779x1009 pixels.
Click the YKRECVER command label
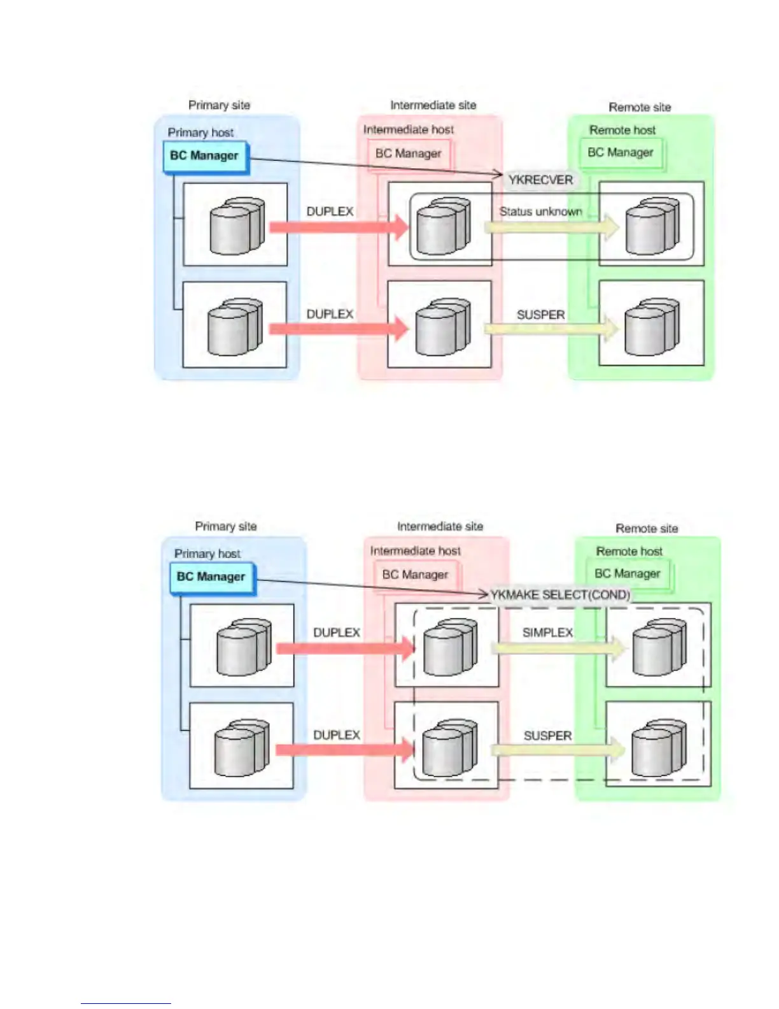[x=540, y=180]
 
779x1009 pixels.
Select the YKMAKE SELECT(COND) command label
[x=560, y=595]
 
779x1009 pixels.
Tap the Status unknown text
[x=540, y=211]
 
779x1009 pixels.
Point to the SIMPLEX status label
[x=547, y=633]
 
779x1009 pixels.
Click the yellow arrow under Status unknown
[x=551, y=227]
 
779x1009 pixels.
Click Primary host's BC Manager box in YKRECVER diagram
[x=204, y=156]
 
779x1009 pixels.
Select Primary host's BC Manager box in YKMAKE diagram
[x=211, y=577]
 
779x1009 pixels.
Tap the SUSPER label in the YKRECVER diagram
[x=540, y=315]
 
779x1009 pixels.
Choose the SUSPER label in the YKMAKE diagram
[x=547, y=736]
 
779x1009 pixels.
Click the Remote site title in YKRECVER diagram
[x=640, y=107]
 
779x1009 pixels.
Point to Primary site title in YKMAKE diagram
[x=226, y=526]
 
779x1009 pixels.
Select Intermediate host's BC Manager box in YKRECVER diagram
[x=409, y=154]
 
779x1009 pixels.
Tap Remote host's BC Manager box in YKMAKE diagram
[x=628, y=574]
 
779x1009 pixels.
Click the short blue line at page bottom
[x=125, y=1003]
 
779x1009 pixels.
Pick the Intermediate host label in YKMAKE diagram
[x=416, y=550]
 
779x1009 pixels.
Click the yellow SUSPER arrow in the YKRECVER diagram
[x=551, y=329]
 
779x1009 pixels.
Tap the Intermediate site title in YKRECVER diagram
[x=433, y=105]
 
